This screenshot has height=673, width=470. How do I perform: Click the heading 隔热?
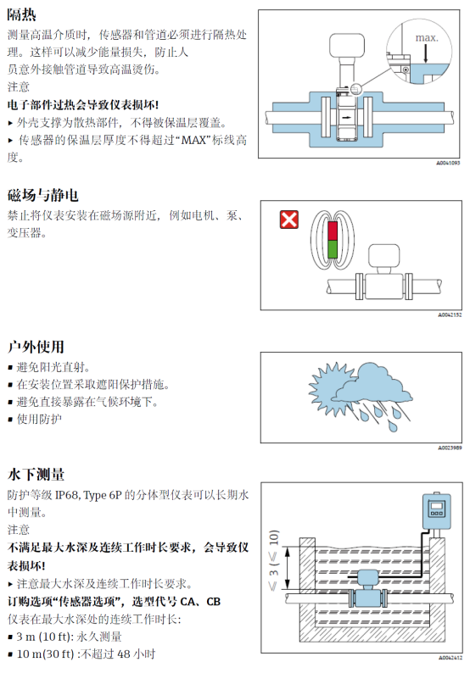21,14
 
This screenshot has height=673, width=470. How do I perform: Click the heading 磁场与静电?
43,195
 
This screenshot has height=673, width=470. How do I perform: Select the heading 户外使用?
36,347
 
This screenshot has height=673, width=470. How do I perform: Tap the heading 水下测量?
36,475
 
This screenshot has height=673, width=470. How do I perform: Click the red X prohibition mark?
288,220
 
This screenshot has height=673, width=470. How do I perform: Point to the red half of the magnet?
333,231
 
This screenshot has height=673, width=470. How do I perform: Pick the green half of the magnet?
333,249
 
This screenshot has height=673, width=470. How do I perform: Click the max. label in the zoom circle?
427,38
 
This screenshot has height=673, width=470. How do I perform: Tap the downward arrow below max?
426,53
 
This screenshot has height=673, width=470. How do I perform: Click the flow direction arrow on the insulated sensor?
346,117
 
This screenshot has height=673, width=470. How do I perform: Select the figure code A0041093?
449,163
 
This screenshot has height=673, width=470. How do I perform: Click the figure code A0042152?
450,315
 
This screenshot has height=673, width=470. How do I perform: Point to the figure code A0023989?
450,448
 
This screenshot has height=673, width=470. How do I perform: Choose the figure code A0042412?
450,658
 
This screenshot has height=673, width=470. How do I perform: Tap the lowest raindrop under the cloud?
393,426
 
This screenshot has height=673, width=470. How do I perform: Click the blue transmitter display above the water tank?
437,511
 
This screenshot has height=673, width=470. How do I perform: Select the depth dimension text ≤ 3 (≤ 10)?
274,560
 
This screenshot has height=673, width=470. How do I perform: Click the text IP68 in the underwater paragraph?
67,495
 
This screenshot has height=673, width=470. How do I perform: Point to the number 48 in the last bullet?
124,654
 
